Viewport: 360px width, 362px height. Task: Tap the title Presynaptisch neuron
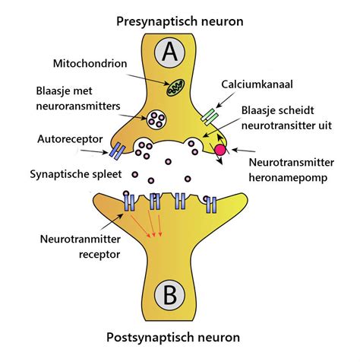click(180, 21)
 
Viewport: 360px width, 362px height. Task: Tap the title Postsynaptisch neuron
click(180, 338)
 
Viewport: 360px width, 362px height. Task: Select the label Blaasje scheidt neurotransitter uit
click(291, 118)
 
